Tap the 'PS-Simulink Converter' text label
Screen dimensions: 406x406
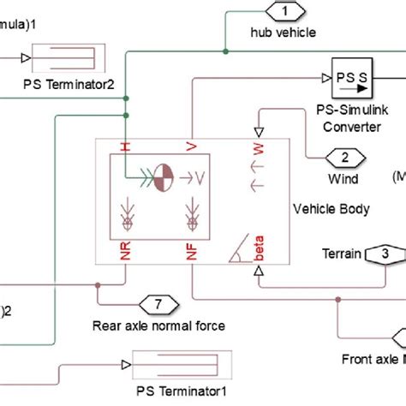tap(351, 119)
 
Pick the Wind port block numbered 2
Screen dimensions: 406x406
tap(344, 158)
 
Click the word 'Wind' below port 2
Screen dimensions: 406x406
tap(343, 179)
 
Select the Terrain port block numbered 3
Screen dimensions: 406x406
tap(385, 254)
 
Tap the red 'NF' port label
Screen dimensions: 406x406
tap(194, 252)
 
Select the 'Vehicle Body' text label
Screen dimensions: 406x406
tap(331, 209)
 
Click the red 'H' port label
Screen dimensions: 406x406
tap(126, 147)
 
